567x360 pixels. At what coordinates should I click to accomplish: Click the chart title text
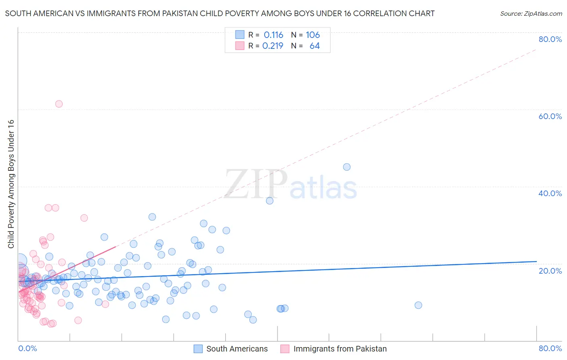[220, 13]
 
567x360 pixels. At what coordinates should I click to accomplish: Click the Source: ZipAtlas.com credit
[531, 13]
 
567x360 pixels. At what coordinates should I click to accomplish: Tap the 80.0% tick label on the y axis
[550, 39]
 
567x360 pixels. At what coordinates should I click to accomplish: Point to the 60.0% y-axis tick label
[550, 116]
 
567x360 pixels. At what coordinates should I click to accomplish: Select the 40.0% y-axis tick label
[550, 193]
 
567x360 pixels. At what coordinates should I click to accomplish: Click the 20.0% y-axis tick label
[550, 271]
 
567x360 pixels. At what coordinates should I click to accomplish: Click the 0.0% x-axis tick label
[27, 348]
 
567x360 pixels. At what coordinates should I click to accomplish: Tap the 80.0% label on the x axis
[550, 348]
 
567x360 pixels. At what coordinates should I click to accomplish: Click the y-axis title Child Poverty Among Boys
[11, 184]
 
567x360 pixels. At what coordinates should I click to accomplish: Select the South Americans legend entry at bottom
[237, 349]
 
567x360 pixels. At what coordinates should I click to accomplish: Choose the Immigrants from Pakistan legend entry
[340, 349]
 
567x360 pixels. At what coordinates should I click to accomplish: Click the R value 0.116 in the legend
[273, 35]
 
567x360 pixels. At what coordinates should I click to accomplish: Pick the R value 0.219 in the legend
[273, 46]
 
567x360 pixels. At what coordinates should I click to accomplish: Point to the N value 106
[313, 35]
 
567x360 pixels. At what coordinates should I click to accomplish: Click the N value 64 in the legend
[315, 46]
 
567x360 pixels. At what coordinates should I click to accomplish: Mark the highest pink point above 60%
[59, 104]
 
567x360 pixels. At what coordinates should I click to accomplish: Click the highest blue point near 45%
[347, 167]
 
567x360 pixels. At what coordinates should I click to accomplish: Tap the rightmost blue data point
[418, 305]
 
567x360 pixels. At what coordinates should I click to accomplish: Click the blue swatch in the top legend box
[240, 35]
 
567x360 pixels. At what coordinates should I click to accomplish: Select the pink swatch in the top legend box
[240, 46]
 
